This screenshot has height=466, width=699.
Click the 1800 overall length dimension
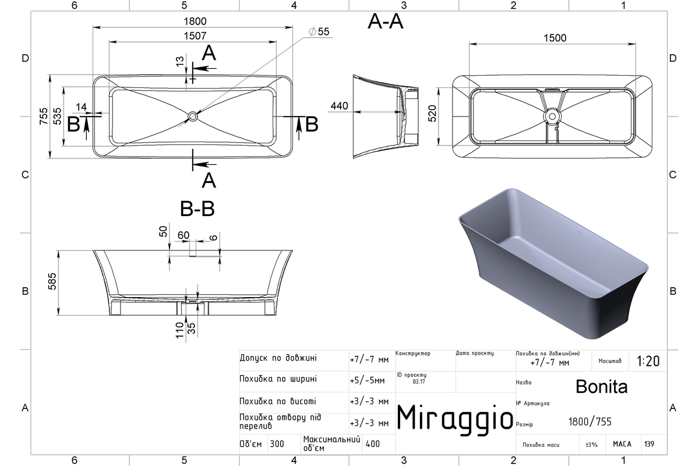(195, 21)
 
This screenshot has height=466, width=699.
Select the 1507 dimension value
(195, 36)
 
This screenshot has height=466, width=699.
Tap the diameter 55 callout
(319, 31)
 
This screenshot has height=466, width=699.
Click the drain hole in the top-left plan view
(193, 116)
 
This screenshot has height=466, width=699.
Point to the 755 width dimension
(44, 116)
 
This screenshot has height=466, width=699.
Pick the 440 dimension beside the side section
(339, 106)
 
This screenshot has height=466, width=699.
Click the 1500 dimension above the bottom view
(555, 38)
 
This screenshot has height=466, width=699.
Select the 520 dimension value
(432, 114)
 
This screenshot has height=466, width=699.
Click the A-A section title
(386, 22)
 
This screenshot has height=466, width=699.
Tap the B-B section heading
(197, 209)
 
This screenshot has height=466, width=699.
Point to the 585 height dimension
(52, 281)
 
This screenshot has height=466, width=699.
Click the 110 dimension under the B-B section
(180, 330)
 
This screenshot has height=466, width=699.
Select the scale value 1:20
(648, 361)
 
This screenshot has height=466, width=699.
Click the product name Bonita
(601, 386)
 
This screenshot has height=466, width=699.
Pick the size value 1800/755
(589, 422)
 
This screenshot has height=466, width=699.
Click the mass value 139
(649, 444)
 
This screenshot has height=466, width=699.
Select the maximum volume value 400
(373, 444)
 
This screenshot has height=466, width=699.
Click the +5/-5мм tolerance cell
(368, 381)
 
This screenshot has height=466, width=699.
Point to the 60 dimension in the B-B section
(183, 235)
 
